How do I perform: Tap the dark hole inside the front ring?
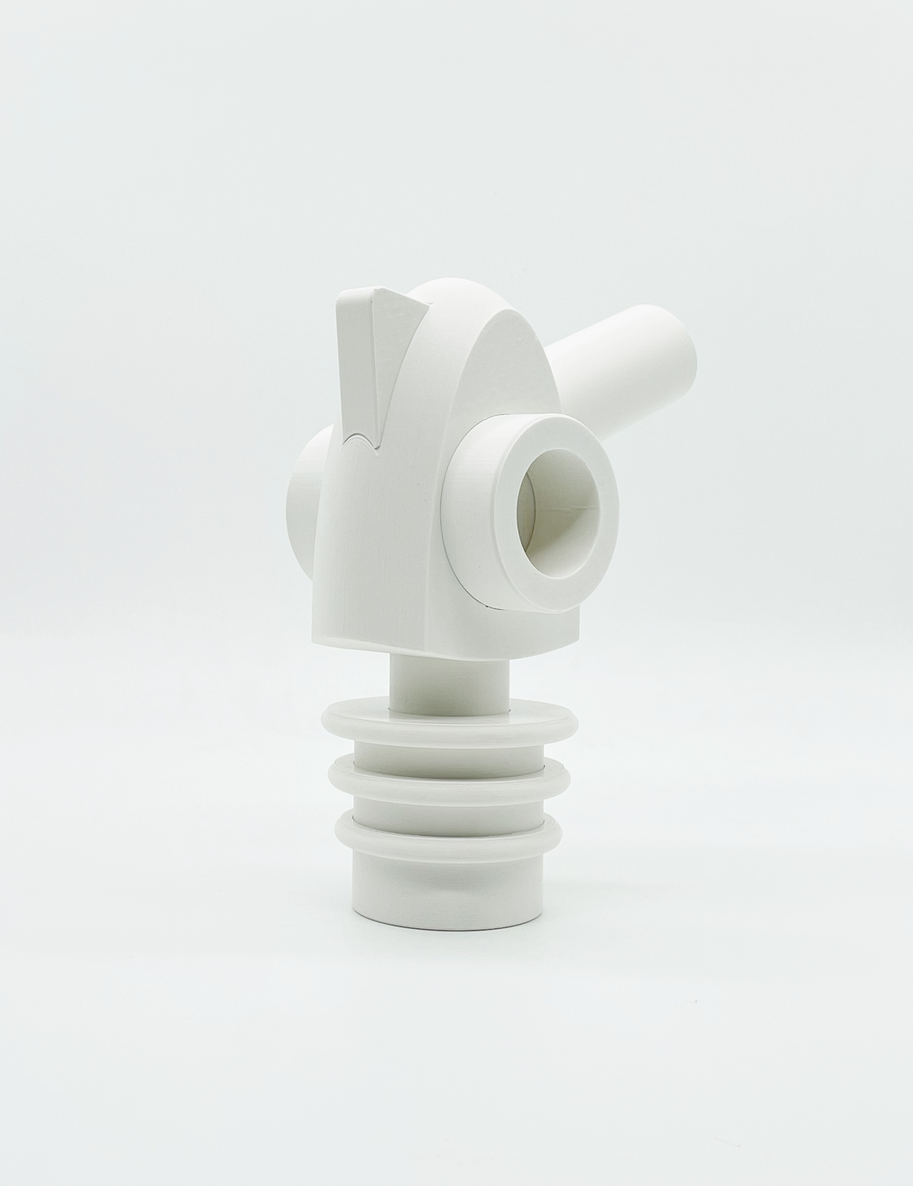(562, 508)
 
